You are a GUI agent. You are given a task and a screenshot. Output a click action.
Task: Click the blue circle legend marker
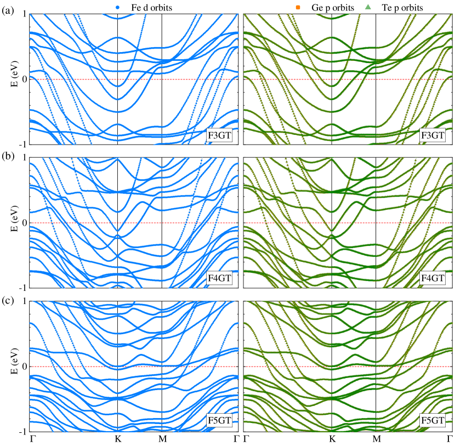coord(117,7)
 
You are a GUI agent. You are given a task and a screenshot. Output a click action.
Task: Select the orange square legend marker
coord(298,7)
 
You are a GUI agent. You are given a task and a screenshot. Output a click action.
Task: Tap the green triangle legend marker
coord(368,7)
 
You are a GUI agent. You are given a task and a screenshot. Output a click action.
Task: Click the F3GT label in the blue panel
coord(219,135)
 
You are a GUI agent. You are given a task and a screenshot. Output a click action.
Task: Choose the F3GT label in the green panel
coord(433,135)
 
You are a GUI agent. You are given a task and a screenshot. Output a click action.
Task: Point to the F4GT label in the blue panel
coord(219,278)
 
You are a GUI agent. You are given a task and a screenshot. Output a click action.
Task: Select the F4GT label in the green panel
coord(433,278)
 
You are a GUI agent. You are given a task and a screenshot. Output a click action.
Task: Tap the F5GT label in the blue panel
coord(219,421)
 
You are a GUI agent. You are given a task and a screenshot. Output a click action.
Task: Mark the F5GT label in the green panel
coord(433,421)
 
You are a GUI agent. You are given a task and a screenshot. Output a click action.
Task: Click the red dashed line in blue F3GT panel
coord(164,79)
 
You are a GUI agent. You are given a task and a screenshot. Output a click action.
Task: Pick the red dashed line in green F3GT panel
coord(384,79)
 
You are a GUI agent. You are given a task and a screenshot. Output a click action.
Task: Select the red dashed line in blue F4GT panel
coord(164,223)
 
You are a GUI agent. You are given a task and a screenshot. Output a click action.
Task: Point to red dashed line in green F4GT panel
coord(384,223)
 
